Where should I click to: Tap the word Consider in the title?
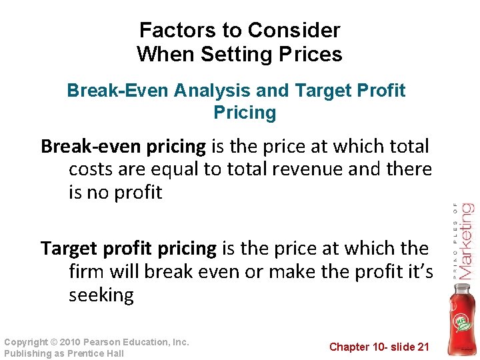293,30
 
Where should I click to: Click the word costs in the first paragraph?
93,169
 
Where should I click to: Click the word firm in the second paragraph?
87,272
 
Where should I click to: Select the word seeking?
101,295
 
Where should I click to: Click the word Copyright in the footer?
26,342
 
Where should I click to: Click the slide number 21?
423,347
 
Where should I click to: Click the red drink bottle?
459,320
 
